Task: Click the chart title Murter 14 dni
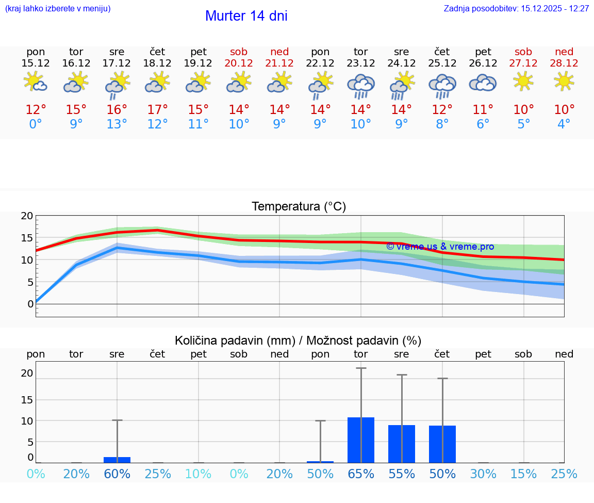point(246,16)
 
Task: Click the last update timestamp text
point(516,9)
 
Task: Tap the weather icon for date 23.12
point(361,86)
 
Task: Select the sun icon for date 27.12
point(523,81)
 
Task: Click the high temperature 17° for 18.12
point(158,110)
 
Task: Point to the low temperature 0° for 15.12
point(36,124)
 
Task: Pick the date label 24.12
point(402,63)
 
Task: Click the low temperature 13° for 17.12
point(117,124)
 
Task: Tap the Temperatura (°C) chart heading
point(299,207)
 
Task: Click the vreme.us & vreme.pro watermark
point(440,247)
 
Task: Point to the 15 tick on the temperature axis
point(27,238)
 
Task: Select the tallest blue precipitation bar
point(361,440)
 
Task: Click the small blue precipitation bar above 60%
point(117,460)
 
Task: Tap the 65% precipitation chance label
point(361,474)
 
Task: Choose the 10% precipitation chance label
point(199,474)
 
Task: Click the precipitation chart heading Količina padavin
point(298,340)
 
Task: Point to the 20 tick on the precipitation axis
point(27,373)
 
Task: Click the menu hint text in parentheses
point(58,9)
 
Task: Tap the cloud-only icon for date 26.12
point(483,83)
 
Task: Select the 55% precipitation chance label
point(402,474)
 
